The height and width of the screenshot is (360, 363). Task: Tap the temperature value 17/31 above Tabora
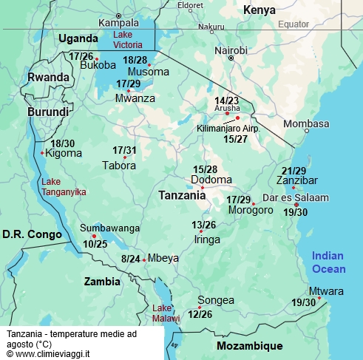pyautogui.click(x=124, y=150)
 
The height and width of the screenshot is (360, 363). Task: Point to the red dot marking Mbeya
pyautogui.click(x=144, y=259)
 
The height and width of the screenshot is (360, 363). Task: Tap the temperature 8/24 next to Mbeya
pyautogui.click(x=130, y=259)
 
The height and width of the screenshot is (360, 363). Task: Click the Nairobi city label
pyautogui.click(x=231, y=50)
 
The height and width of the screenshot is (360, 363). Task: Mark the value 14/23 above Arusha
pyautogui.click(x=226, y=101)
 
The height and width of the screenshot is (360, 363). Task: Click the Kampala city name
pyautogui.click(x=118, y=23)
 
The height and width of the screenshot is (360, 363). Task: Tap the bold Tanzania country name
pyautogui.click(x=182, y=196)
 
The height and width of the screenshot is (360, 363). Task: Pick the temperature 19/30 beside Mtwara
pyautogui.click(x=303, y=302)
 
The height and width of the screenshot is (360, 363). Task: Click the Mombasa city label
pyautogui.click(x=305, y=123)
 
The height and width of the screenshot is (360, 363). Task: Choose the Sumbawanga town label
pyautogui.click(x=109, y=228)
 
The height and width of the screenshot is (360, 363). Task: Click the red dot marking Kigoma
pyautogui.click(x=42, y=154)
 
